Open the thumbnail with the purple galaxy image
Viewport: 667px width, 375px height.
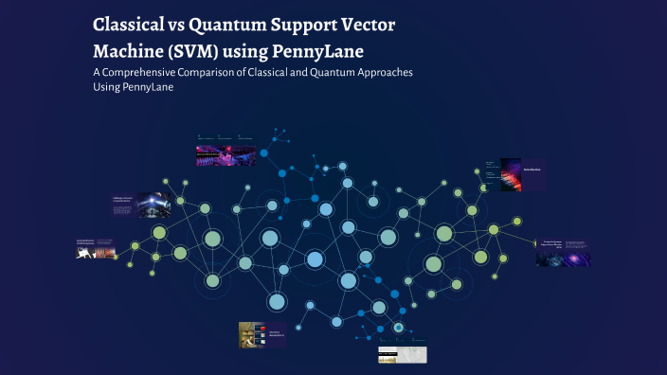click(564, 252)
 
